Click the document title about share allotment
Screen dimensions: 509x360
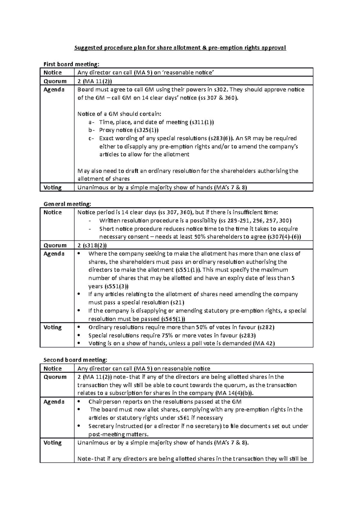pos(180,48)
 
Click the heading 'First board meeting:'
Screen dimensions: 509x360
pos(71,64)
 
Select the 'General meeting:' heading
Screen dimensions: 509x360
pos(67,204)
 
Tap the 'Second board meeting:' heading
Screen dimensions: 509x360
pos(75,360)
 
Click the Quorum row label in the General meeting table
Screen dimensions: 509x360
pos(55,245)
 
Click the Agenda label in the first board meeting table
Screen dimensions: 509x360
pos(54,90)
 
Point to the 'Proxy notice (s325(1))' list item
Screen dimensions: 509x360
pos(128,130)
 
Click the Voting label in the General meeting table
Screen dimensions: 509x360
pos(52,327)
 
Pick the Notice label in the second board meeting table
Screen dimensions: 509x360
pos(52,369)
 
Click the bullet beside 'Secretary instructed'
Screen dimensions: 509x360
pos(79,426)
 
